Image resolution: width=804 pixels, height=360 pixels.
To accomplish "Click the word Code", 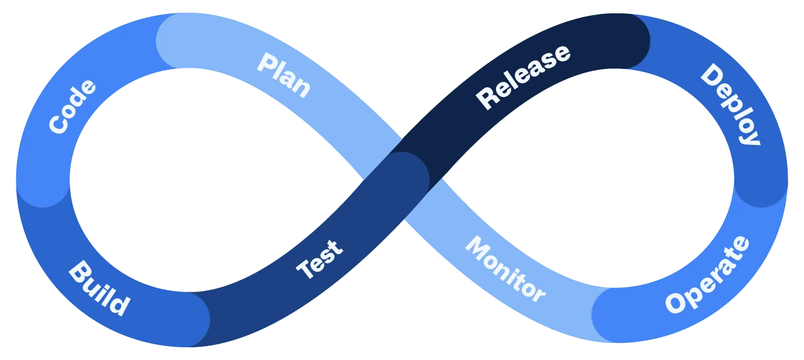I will point(72,107).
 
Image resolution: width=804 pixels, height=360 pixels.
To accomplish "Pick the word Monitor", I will point(505,269).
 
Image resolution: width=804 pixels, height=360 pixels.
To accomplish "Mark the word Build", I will point(99,288).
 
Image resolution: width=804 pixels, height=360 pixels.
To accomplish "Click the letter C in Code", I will point(59,124).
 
